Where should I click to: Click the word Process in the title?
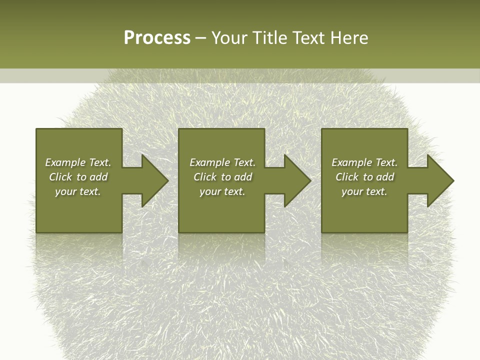pos(157,38)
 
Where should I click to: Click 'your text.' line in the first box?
pos(78,191)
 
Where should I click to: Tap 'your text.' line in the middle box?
pos(222,191)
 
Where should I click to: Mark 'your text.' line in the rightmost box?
pos(364,191)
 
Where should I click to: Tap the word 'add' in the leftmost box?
pos(98,177)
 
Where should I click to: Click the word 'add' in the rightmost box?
pos(385,177)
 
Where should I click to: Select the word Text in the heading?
pos(307,38)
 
